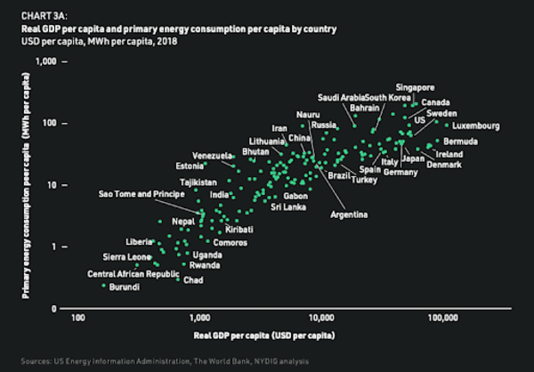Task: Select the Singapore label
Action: click(415, 87)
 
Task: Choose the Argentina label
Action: click(349, 214)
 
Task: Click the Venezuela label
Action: click(212, 157)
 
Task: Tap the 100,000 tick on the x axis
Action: click(441, 317)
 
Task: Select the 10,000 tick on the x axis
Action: click(320, 317)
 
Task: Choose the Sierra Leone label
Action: click(128, 257)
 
